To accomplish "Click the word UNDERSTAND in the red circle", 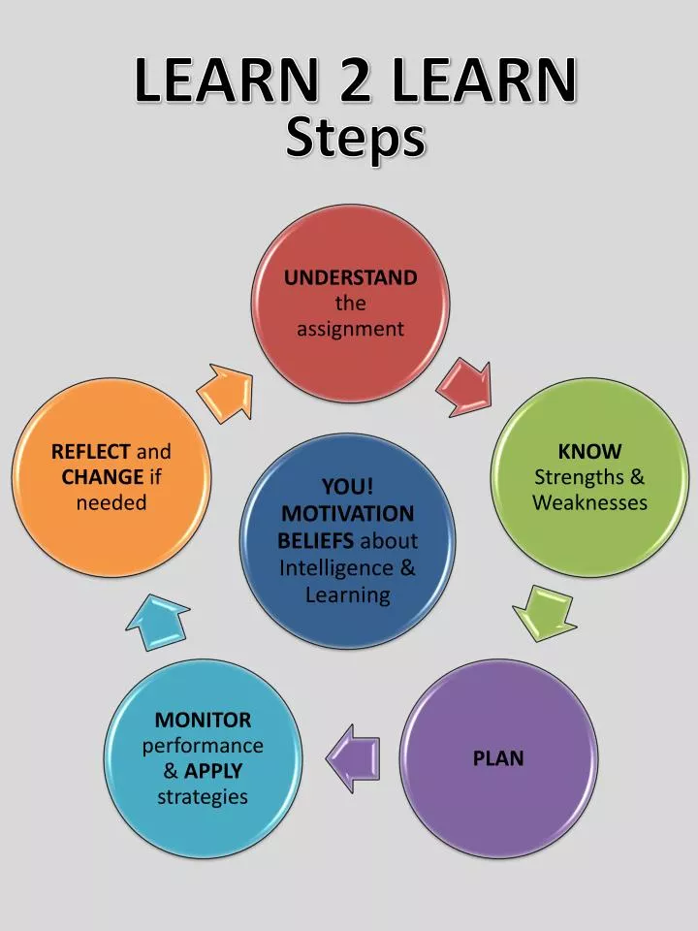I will click(350, 277).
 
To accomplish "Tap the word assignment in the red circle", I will click(350, 329).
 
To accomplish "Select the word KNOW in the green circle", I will click(589, 451).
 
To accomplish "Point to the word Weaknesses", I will click(589, 502).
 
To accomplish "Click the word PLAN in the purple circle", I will click(498, 758).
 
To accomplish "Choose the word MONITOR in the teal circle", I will click(203, 720).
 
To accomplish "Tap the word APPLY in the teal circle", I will click(213, 771).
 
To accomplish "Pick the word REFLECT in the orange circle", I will click(90, 451).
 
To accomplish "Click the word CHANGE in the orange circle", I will click(102, 476).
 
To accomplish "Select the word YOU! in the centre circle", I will click(348, 486).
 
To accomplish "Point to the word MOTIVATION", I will click(348, 513).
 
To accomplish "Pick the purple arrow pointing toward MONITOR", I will click(353, 754).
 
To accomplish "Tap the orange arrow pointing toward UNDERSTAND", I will click(226, 391).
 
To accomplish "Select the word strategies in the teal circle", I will click(203, 796).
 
